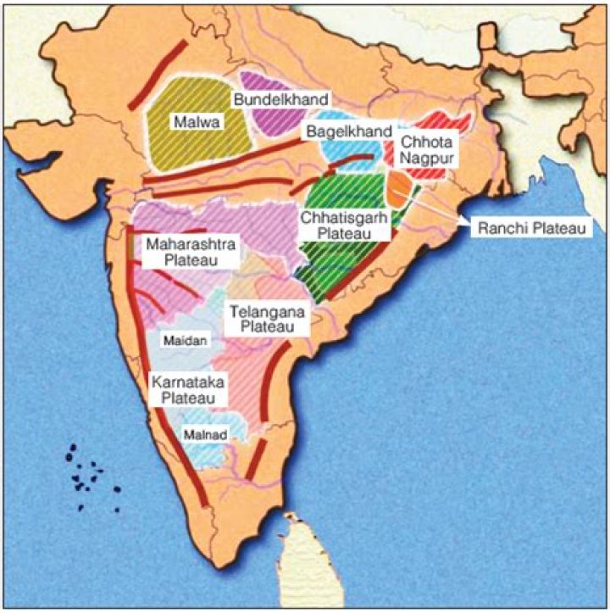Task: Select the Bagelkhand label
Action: [348, 131]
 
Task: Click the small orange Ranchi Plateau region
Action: [400, 189]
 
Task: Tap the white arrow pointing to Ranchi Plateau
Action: [441, 206]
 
